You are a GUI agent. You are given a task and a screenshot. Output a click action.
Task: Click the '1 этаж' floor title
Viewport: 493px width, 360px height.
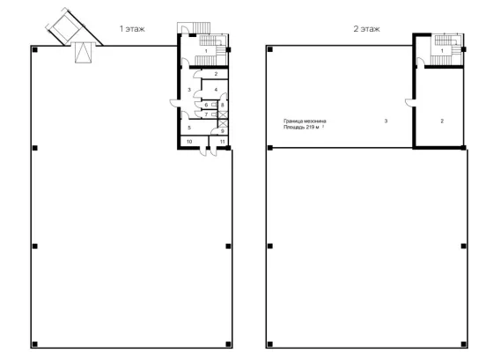132,29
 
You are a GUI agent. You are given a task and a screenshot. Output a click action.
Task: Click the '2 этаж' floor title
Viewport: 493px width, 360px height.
366,29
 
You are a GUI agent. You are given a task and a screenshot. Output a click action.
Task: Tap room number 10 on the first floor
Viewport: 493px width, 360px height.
189,142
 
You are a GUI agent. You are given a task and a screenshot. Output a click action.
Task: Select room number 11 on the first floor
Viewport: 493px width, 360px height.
222,142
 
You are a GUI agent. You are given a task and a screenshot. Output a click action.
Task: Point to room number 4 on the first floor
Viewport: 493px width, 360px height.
216,90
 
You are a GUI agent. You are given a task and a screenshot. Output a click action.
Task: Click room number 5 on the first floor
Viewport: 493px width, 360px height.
189,128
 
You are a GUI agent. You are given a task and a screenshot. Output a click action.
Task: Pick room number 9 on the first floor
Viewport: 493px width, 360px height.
222,131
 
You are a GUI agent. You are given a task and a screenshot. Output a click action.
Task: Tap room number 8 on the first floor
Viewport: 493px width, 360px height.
222,105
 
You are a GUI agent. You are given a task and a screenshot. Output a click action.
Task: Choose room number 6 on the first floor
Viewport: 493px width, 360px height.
206,105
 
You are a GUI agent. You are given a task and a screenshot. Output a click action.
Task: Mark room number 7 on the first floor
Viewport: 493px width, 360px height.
206,114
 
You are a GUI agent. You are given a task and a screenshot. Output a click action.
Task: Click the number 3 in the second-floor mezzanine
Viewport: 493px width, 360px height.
386,121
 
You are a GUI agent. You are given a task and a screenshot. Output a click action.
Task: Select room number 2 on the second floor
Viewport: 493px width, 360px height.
442,121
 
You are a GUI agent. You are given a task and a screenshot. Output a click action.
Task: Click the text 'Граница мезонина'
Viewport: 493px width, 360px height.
305,121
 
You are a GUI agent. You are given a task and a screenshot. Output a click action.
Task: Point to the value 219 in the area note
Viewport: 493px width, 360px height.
310,128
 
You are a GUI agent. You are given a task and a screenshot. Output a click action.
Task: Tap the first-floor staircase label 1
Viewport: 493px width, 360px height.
206,51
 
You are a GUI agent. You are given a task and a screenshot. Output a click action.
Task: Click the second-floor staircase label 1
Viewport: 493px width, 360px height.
442,51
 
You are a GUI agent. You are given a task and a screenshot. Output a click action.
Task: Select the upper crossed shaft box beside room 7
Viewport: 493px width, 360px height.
223,114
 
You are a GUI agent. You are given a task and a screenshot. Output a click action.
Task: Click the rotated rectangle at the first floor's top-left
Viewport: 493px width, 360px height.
65,26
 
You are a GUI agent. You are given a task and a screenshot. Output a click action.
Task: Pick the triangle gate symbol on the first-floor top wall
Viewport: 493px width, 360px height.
84,53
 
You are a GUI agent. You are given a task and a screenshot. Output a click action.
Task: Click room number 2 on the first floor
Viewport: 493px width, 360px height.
216,74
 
